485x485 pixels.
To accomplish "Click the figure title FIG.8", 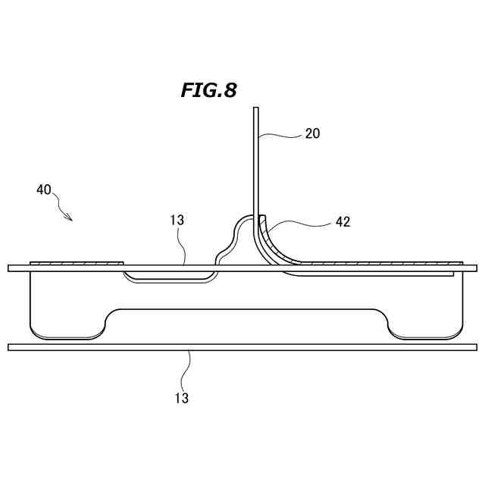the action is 209,90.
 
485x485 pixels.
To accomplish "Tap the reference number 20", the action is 312,133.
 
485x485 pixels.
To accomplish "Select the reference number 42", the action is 343,222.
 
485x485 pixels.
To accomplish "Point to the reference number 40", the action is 44,189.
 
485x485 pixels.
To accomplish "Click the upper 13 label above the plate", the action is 177,221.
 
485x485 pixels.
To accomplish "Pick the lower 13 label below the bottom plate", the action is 182,398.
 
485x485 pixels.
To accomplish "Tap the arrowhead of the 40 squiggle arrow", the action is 70,218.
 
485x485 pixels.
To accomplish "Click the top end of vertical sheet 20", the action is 256,108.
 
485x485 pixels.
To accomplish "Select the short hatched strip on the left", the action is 77,263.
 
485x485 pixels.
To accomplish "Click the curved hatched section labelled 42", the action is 272,244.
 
